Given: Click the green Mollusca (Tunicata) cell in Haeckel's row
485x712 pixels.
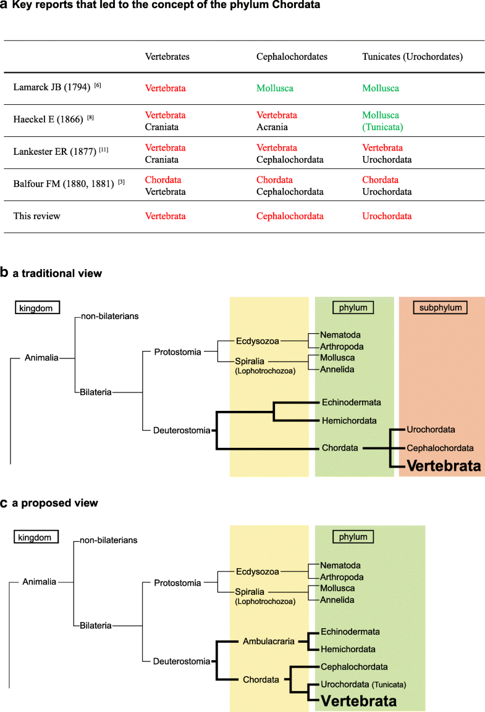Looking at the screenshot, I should point(381,120).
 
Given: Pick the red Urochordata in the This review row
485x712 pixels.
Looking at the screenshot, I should point(387,216).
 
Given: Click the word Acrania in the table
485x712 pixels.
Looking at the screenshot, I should point(272,126).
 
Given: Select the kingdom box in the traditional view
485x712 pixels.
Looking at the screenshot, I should point(37,307).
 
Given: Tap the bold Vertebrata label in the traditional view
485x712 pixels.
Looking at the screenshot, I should point(443,466).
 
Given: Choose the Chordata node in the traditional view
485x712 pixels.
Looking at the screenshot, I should point(340,448).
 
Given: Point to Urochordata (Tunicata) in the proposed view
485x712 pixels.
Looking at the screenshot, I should point(363,685).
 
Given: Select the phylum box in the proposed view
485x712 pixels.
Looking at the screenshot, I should point(353,537).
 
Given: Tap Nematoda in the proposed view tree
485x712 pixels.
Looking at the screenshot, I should point(340,565).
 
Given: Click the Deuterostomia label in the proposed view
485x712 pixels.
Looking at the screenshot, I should point(182,662).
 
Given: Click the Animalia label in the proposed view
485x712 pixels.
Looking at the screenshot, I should point(40,581).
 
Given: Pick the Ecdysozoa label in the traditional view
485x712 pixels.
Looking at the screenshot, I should point(257,341).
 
